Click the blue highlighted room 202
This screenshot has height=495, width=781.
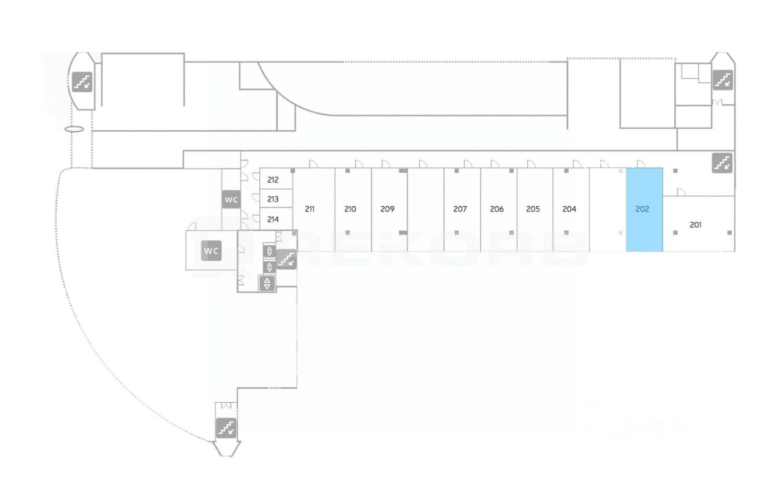[644, 209]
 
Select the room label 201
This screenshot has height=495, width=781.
[696, 225]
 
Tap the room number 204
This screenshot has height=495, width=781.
[569, 209]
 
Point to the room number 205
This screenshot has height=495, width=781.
[533, 209]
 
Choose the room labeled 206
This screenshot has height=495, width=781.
[497, 209]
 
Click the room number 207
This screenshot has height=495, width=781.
[460, 209]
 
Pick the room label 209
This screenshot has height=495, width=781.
[387, 209]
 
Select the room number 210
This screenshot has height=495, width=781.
[350, 209]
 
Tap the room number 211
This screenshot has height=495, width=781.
[309, 209]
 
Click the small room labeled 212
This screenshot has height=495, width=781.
[273, 180]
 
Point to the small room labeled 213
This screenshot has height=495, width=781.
[273, 199]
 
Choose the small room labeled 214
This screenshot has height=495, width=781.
[273, 219]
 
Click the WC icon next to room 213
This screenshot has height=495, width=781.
[231, 200]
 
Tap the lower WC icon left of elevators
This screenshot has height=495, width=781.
[211, 250]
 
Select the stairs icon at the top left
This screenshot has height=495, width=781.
[82, 81]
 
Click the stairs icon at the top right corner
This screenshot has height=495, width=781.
[723, 80]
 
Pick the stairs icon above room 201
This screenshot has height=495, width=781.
[722, 163]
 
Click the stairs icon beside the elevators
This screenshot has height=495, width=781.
[286, 259]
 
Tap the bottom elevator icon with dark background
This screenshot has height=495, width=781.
[267, 283]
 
